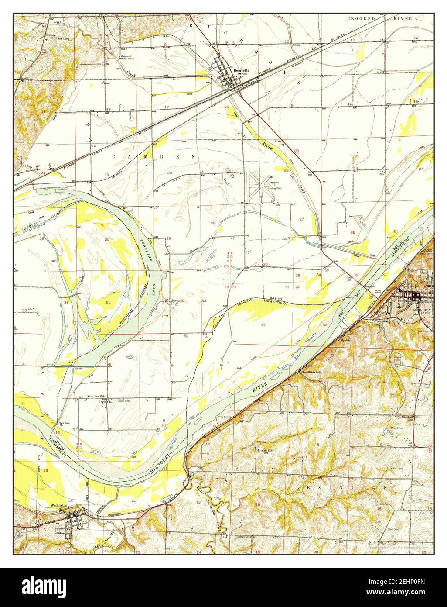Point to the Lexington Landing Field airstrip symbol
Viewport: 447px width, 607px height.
(257, 185)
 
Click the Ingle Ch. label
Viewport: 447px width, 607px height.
(95, 401)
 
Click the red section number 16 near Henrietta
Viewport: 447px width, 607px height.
(226, 107)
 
